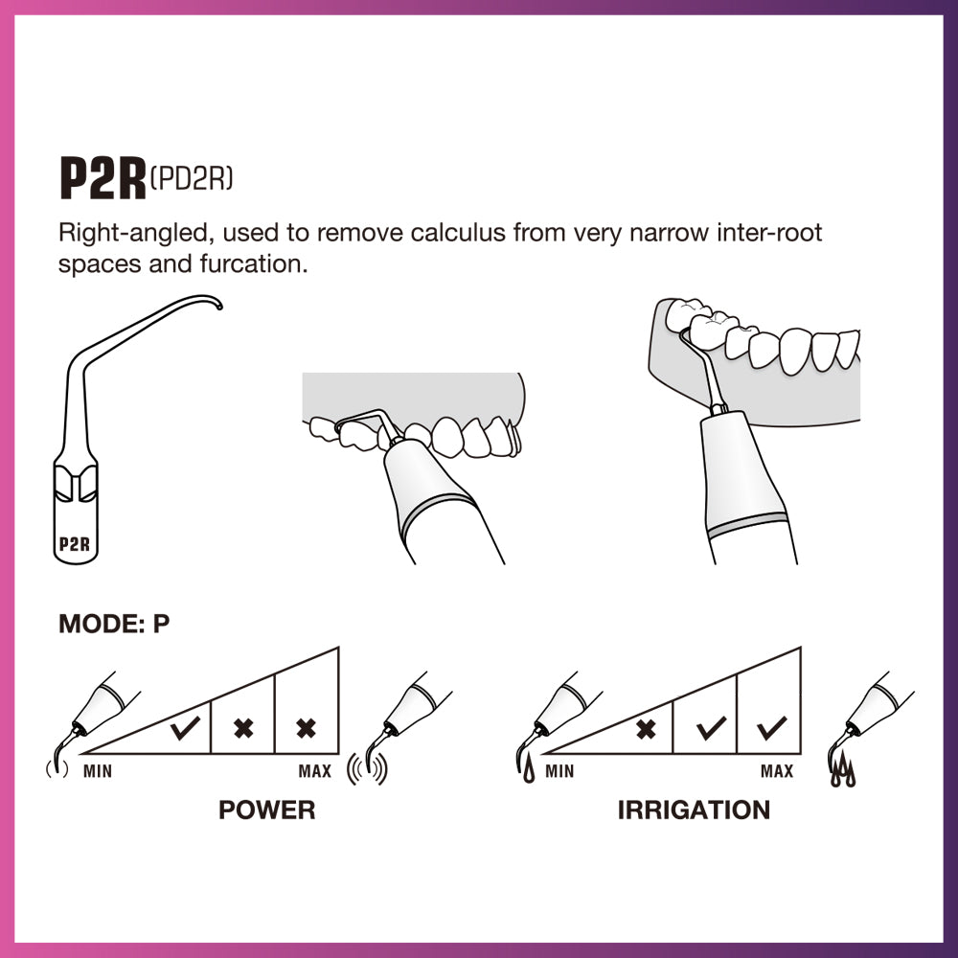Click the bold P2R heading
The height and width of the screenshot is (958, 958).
[103, 178]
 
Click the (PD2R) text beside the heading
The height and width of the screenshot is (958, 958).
[192, 177]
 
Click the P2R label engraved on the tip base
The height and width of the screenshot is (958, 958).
[74, 544]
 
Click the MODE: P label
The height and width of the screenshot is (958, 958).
[114, 624]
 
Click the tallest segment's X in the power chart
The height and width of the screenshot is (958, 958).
[307, 729]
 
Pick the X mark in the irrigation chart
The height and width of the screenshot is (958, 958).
[647, 729]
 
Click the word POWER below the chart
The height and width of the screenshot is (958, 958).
[266, 810]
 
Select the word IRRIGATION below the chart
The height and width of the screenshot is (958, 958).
[694, 810]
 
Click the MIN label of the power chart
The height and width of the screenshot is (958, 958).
[97, 771]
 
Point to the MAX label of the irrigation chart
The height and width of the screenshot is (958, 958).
[777, 771]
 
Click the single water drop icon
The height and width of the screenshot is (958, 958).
[530, 765]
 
